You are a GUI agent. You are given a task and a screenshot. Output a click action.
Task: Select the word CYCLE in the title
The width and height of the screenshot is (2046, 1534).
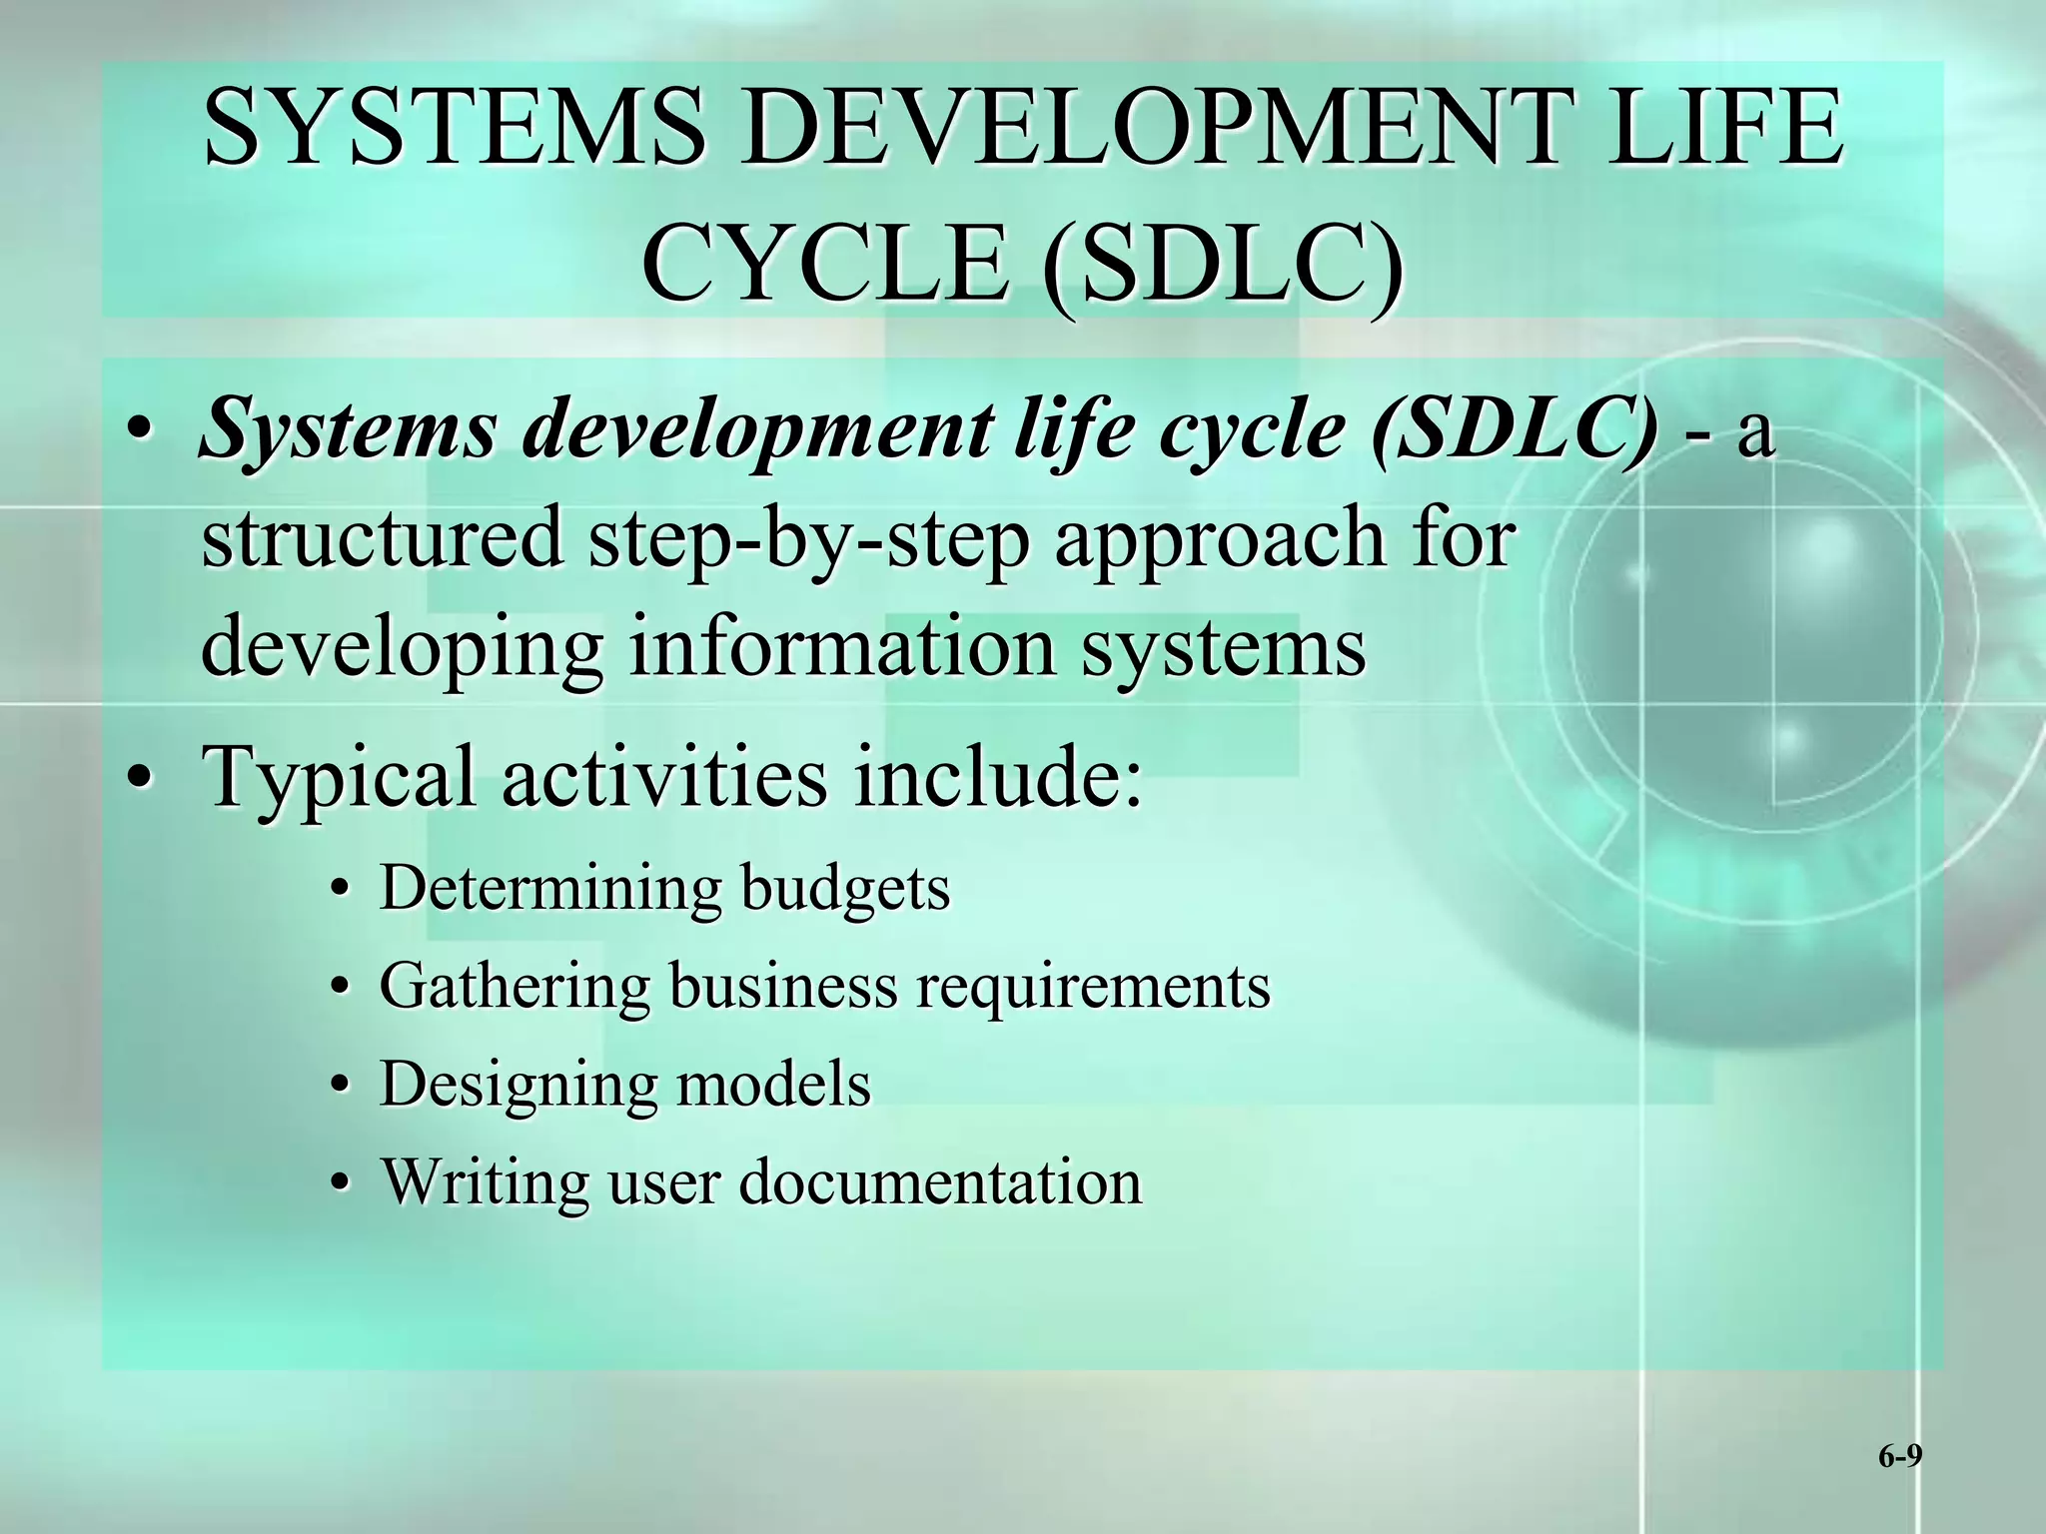(825, 262)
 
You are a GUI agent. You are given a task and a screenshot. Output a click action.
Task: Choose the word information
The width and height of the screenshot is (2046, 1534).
(842, 646)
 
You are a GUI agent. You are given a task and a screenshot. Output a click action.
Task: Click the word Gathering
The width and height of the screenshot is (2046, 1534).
(514, 987)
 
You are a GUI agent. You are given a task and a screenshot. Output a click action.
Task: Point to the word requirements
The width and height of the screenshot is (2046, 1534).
(1093, 987)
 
